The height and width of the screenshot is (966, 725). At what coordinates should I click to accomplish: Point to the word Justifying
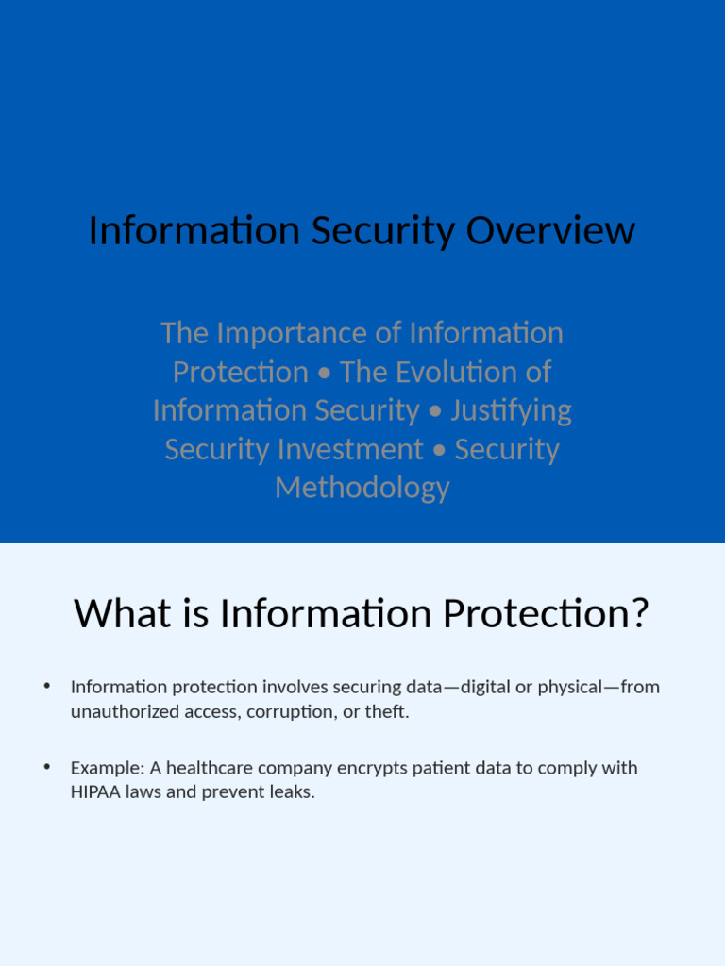[511, 410]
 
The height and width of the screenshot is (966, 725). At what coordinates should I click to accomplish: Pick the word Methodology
[362, 488]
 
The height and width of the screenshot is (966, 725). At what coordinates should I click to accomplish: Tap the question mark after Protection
[640, 614]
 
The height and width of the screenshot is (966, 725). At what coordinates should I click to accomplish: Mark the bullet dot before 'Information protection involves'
[46, 685]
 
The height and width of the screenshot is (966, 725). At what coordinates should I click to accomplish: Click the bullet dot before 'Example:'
[46, 766]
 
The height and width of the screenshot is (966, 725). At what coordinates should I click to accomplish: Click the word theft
[386, 711]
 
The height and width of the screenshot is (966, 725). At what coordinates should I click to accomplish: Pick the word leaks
[292, 791]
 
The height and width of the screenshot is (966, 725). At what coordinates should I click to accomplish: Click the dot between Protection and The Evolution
[324, 373]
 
